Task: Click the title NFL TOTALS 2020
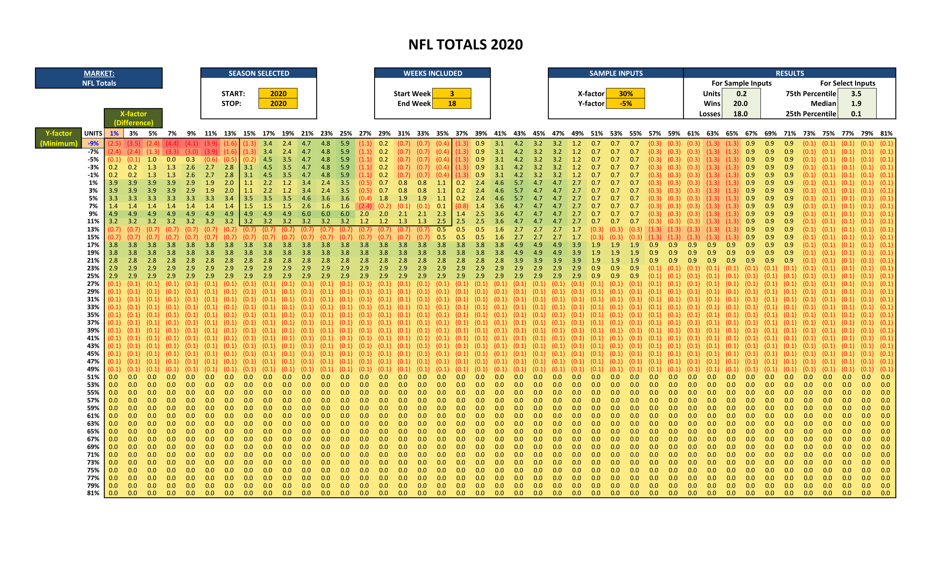(x=465, y=45)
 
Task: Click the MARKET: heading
(x=99, y=73)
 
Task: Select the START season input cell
(x=278, y=94)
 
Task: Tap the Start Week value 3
(x=452, y=94)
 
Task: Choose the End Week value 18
(x=452, y=103)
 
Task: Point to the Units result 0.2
(x=741, y=94)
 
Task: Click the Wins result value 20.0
(x=740, y=103)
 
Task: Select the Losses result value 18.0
(x=740, y=114)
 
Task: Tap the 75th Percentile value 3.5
(x=856, y=94)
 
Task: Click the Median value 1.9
(x=856, y=103)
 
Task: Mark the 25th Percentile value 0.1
(x=856, y=114)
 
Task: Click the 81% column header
(x=886, y=134)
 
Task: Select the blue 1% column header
(x=114, y=134)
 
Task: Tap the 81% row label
(x=93, y=493)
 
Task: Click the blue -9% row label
(x=93, y=143)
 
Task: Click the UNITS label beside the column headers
(x=93, y=134)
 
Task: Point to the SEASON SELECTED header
(x=259, y=73)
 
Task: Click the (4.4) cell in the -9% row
(x=172, y=143)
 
